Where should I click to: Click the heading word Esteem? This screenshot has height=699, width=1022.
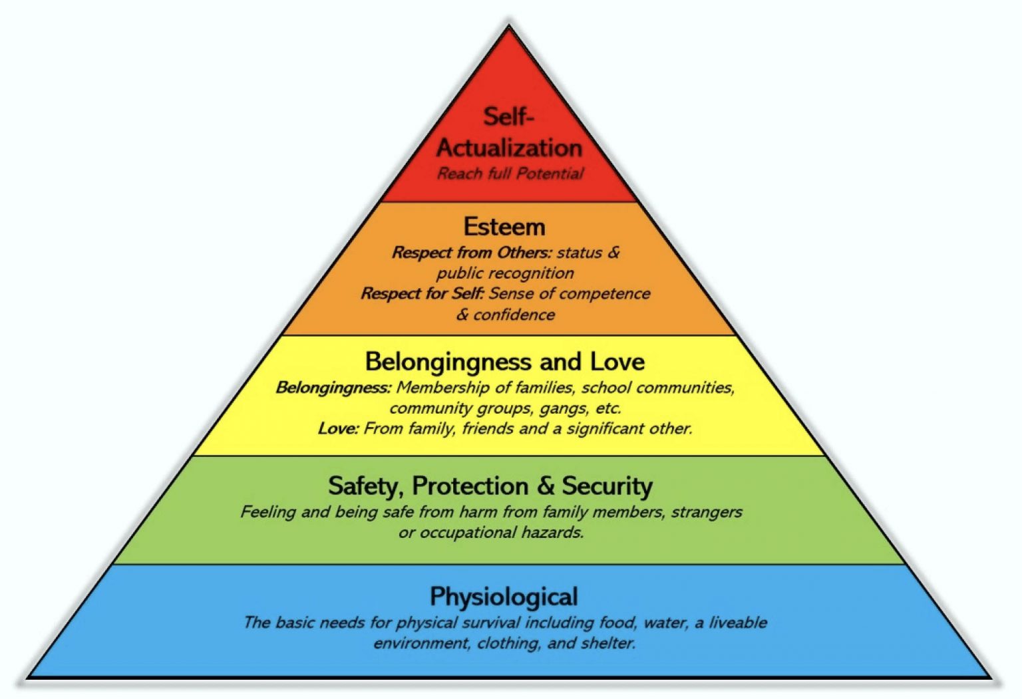504,227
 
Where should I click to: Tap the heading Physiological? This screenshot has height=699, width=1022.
504,596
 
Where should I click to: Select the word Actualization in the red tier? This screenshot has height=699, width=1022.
509,147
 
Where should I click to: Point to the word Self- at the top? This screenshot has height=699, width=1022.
508,116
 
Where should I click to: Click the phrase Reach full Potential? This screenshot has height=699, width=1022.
510,174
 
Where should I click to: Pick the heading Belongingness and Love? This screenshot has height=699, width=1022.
504,362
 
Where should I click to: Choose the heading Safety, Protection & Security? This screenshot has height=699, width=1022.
490,486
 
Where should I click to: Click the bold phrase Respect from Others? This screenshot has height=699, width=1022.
472,253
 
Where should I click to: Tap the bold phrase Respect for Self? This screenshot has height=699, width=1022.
423,293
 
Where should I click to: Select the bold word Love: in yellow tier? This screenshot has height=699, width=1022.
338,428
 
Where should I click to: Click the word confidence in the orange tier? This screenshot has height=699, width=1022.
514,314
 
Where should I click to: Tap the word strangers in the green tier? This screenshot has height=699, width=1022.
707,511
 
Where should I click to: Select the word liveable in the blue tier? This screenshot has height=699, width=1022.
738,623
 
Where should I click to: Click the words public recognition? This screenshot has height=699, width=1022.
505,273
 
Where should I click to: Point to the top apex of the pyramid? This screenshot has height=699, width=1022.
509,27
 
